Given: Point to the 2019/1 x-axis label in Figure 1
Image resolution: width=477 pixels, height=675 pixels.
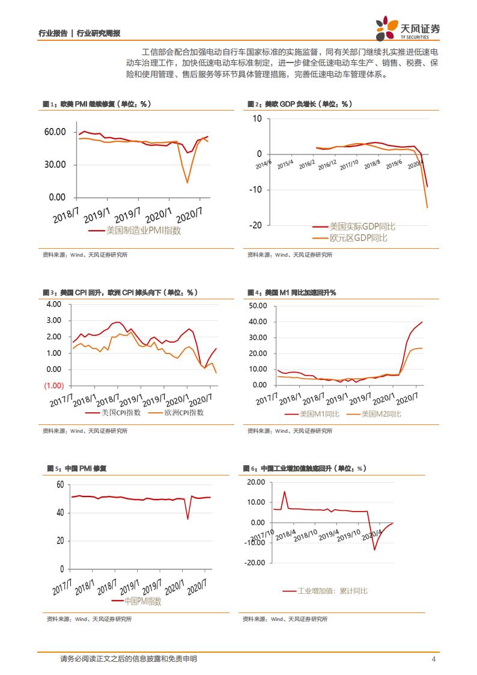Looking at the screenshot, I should (x=97, y=216).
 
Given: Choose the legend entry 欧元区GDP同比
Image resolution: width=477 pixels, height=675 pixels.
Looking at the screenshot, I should (x=358, y=238).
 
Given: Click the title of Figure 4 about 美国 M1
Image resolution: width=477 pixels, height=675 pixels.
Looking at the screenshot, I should (x=292, y=292).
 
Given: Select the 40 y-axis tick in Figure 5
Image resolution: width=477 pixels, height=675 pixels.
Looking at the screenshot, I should (x=59, y=513).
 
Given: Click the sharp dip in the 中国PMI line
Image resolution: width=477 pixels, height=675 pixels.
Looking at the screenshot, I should (x=188, y=518).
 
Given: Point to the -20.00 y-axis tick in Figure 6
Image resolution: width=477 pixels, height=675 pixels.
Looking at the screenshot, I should (x=255, y=563).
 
